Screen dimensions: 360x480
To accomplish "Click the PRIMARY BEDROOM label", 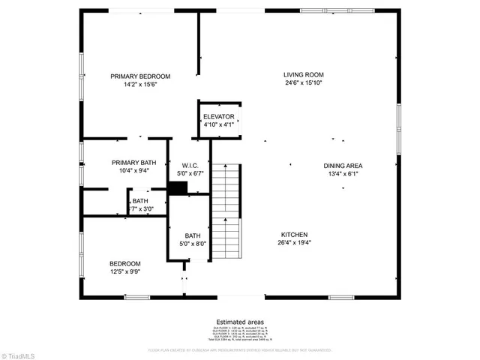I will coord(140,76).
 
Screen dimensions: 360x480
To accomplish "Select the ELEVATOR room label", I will coord(218,117).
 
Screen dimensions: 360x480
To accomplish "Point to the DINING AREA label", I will coord(343,166).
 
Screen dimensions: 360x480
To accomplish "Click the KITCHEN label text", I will coord(294,234).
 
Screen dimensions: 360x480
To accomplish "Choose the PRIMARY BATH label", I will coord(134,163).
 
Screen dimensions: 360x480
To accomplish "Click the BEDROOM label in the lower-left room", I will coord(125,263).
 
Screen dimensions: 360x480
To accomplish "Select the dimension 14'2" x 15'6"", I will coord(140,85).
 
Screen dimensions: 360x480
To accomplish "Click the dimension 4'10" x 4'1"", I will coord(218,124).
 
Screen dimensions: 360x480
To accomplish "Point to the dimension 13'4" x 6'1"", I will coord(343,174).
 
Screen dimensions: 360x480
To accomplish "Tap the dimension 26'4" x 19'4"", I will coord(294,242).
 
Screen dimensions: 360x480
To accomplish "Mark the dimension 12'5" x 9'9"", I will coord(125,271).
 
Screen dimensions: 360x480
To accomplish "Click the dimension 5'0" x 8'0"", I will coord(193,244).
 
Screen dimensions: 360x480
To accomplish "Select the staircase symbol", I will coord(226,213).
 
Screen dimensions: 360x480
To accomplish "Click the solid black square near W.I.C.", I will coord(177,187).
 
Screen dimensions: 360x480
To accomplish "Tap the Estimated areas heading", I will coord(240,322).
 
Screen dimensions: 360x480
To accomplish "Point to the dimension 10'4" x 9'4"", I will coord(134,171).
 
